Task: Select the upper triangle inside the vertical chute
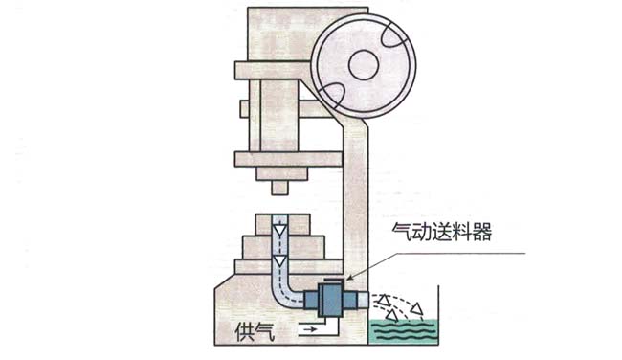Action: pyautogui.click(x=279, y=230)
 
